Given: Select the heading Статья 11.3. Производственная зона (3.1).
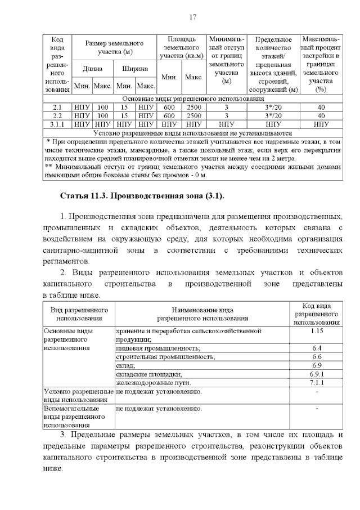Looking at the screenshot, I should click(142, 195).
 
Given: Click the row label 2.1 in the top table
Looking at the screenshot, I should click(57, 107).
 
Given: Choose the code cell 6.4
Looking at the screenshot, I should click(316, 348).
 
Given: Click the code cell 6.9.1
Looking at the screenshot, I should click(316, 374).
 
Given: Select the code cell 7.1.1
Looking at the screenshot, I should click(316, 383).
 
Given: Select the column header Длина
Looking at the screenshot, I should click(92, 69).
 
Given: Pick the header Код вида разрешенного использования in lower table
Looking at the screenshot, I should click(316, 314).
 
